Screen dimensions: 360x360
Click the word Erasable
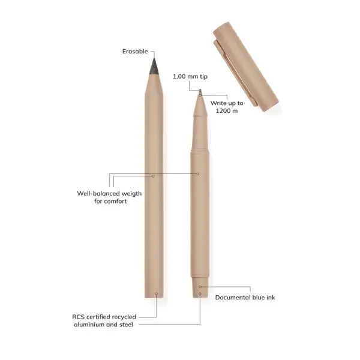[x=135, y=52]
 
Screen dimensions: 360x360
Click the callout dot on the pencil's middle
[x=154, y=176]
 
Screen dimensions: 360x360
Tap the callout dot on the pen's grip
[x=199, y=174]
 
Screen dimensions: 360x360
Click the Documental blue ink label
[x=245, y=297]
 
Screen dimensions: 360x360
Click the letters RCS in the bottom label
[x=79, y=316]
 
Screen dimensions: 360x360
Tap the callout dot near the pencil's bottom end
[x=156, y=294]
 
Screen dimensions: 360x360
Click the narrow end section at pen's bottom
[x=200, y=288]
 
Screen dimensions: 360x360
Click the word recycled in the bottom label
[x=124, y=316]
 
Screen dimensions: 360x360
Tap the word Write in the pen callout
[x=218, y=103]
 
